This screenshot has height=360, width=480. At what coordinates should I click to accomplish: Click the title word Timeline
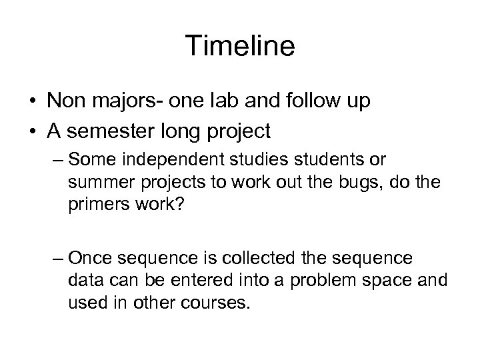(x=240, y=46)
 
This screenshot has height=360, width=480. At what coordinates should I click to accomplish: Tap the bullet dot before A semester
(x=31, y=132)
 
